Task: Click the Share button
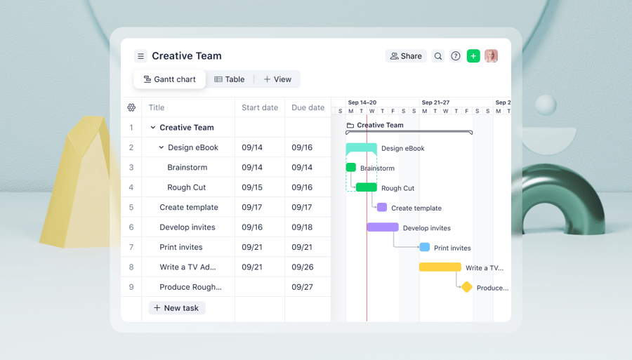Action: [x=406, y=56]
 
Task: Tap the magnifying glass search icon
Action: [x=438, y=56]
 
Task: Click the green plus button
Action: [x=473, y=56]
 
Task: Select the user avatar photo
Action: [x=491, y=56]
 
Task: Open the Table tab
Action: [x=230, y=79]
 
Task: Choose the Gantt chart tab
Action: [x=170, y=79]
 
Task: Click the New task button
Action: [x=176, y=308]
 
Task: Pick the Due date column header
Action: [x=308, y=107]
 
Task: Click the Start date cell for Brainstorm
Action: [x=252, y=168]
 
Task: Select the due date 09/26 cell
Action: [x=302, y=267]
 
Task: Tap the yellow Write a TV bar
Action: [x=440, y=267]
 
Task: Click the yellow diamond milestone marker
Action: [x=467, y=287]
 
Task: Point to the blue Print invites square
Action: [x=425, y=247]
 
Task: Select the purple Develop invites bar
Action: [x=383, y=227]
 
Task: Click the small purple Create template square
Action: [x=382, y=208]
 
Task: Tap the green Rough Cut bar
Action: [x=367, y=187]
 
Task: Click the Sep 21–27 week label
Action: [x=435, y=102]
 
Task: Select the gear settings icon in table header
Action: [x=131, y=107]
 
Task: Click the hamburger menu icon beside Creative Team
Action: [x=140, y=56]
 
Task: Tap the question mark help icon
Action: [x=456, y=56]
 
